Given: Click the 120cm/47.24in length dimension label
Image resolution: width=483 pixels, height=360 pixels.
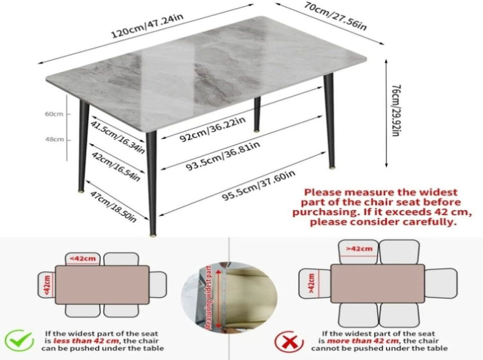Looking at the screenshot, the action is pyautogui.click(x=148, y=26).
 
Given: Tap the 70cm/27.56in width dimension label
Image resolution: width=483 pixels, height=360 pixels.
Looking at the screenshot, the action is pyautogui.click(x=335, y=16).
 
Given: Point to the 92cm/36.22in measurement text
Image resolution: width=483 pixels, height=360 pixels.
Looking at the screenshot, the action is pyautogui.click(x=213, y=129).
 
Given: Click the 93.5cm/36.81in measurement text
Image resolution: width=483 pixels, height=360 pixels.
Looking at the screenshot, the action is pyautogui.click(x=223, y=156).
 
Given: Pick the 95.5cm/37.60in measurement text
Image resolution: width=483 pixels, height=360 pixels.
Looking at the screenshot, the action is pyautogui.click(x=259, y=186).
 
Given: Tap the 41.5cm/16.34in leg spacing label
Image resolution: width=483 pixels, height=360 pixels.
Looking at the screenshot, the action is pyautogui.click(x=117, y=137).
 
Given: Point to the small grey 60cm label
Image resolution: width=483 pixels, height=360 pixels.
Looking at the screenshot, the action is pyautogui.click(x=54, y=114).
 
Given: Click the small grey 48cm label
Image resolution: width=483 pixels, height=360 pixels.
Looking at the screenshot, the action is pyautogui.click(x=55, y=139).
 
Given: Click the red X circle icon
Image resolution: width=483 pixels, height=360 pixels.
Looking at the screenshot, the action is pyautogui.click(x=289, y=342).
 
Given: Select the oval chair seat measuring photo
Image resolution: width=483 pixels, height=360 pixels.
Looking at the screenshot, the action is pyautogui.click(x=229, y=297).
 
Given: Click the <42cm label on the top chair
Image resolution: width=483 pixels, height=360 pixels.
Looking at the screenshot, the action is pyautogui.click(x=83, y=259).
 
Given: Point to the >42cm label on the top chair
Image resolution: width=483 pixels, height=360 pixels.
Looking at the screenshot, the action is pyautogui.click(x=359, y=249).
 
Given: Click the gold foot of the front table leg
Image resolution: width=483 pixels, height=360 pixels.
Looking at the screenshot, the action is pyautogui.click(x=153, y=236).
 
